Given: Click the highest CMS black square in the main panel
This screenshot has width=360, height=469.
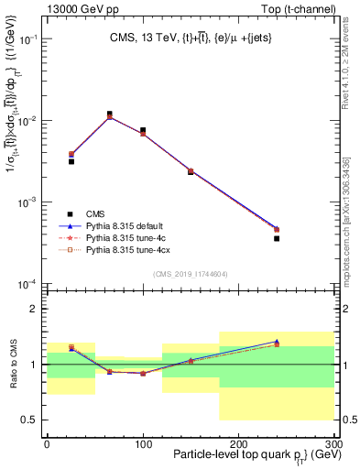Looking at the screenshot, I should pos(110,115).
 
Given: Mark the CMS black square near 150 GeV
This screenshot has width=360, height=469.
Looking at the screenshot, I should pos(191,171).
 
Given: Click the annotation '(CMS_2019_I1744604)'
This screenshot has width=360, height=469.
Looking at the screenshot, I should pos(191,273).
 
